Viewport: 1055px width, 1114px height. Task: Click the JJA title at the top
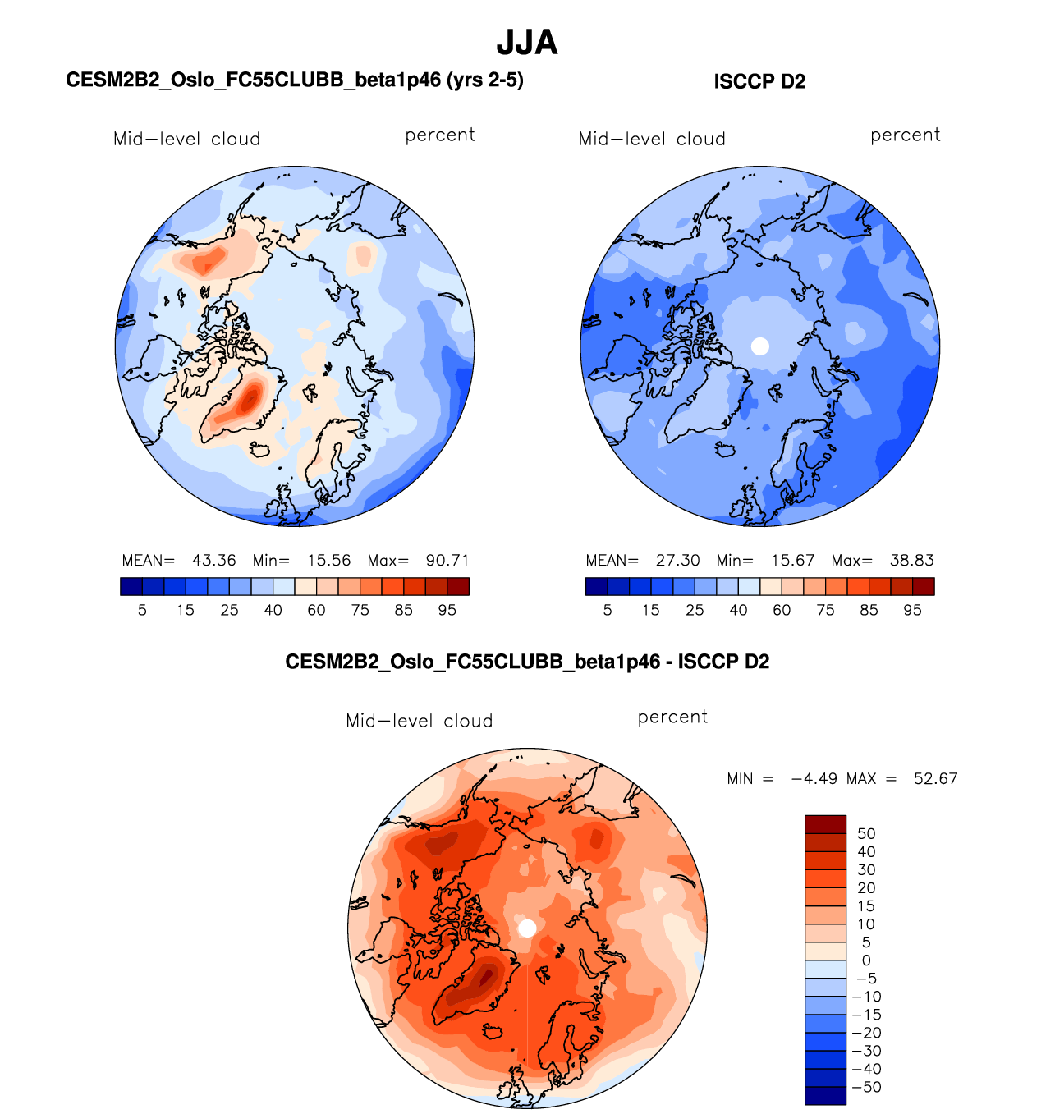527,43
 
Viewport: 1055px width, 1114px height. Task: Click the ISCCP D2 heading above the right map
759,81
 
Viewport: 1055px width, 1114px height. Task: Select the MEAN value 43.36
213,561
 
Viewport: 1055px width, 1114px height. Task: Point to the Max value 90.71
447,561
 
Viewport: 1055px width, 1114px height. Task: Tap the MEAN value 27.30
677,561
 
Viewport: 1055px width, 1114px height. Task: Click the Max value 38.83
911,561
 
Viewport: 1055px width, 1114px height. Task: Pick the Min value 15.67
792,561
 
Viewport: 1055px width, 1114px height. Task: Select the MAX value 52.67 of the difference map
935,778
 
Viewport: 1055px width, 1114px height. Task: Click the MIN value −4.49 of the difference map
814,778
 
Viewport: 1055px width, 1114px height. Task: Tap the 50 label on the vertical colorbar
866,834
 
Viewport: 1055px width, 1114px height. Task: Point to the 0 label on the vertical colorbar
866,960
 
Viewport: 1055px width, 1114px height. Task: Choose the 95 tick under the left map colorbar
447,610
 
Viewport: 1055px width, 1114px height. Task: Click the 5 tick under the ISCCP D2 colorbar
608,610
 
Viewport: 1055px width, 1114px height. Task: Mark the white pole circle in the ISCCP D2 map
760,346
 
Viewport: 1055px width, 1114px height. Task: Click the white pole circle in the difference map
527,928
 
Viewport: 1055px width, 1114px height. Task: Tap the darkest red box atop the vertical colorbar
825,824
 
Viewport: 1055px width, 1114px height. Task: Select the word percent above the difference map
672,717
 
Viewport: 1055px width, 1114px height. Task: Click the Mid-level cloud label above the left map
186,139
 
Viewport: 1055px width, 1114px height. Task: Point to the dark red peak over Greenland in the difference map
486,975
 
